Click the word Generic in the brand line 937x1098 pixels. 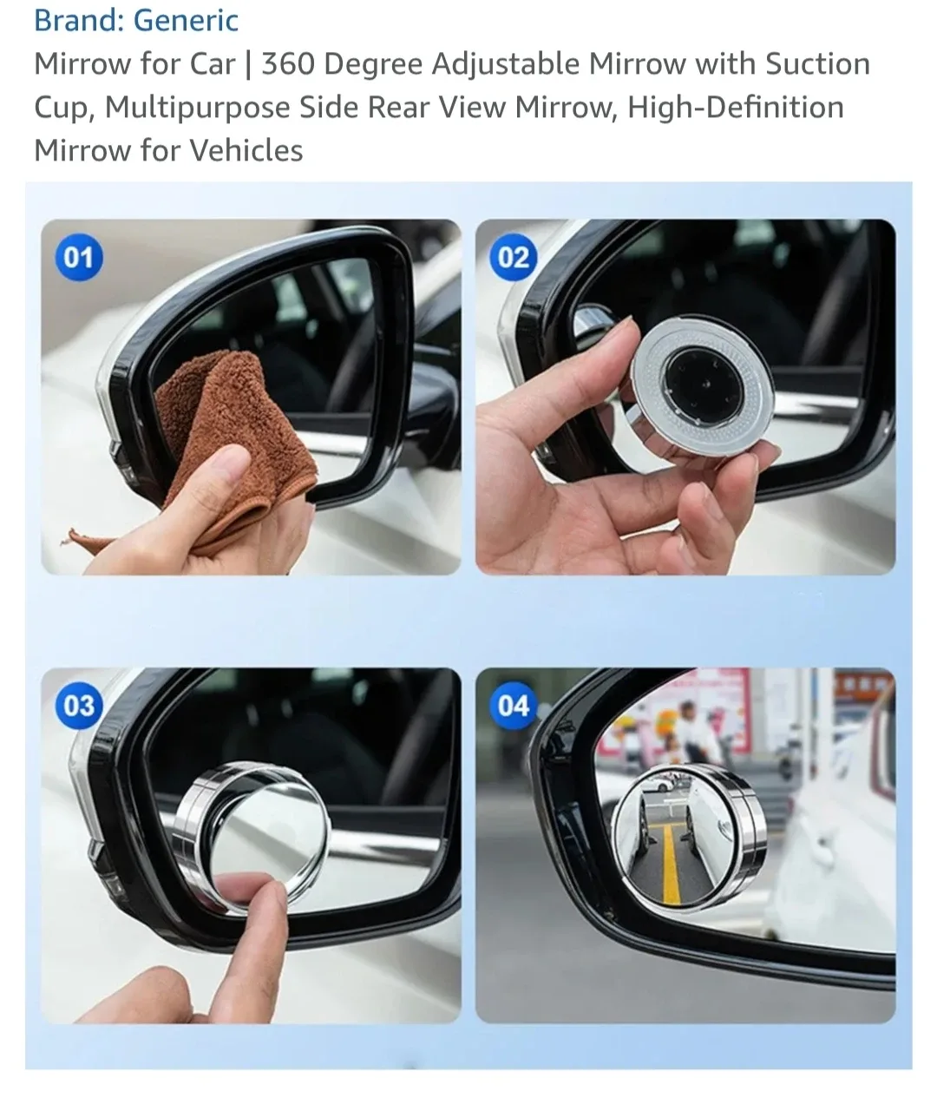click(186, 20)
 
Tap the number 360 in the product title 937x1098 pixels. click(289, 63)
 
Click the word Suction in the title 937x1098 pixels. click(817, 63)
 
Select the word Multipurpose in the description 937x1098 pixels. click(198, 108)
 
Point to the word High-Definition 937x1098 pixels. click(735, 108)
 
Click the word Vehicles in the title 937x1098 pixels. click(246, 150)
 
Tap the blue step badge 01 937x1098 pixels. click(79, 257)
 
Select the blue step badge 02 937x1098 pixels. click(513, 257)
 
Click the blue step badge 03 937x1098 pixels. click(79, 706)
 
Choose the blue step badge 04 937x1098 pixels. click(513, 706)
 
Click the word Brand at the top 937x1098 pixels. click(77, 20)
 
